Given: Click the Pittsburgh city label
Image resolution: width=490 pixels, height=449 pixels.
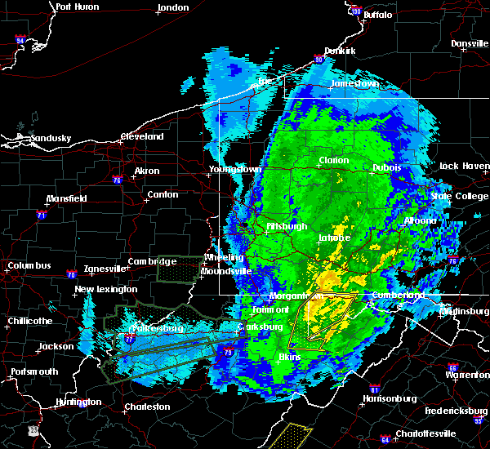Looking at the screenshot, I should coord(286,226).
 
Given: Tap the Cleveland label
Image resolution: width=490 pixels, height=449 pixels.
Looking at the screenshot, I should coord(143,136).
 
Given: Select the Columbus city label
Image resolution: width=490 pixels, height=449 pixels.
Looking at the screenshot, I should coord(29,265).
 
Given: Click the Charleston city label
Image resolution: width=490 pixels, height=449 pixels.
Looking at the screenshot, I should coord(147,407).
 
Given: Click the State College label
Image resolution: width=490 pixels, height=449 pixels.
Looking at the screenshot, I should coord(452,196).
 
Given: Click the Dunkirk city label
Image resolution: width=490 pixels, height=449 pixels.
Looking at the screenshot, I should coord(339,51).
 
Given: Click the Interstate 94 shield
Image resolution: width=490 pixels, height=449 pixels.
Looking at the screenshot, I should coord(20,39).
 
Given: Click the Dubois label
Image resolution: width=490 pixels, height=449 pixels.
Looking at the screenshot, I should coord(386,167).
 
